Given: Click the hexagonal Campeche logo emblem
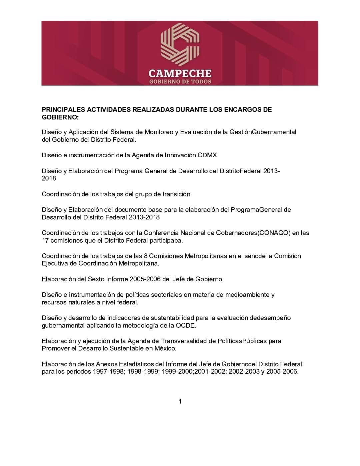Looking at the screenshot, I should tap(180, 43).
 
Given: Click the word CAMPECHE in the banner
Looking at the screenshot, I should tap(180, 73).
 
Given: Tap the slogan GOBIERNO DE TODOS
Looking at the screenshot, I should tap(180, 82).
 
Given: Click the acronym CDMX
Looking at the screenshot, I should tap(207, 155).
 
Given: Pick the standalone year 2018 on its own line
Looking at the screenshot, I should tap(49, 178).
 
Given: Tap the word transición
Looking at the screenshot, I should tap(176, 194).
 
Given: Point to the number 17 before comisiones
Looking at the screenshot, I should tap(45, 240).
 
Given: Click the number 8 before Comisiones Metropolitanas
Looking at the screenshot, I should tap(146, 256).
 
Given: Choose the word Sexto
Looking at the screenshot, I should tap(96, 279).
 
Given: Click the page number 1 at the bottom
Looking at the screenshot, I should tap(180, 402).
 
